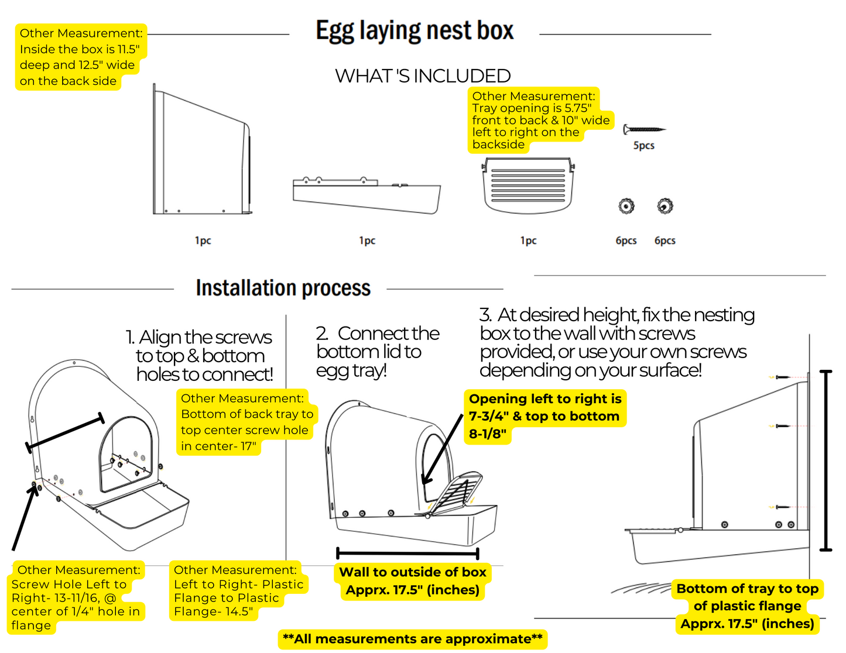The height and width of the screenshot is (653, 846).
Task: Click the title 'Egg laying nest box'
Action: coord(415,31)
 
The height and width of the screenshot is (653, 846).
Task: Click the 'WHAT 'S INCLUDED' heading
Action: coord(423,76)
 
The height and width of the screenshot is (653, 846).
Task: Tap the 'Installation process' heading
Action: coord(283,288)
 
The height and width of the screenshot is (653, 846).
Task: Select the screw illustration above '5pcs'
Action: coord(644,129)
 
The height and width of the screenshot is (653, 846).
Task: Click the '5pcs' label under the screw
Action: coord(643,146)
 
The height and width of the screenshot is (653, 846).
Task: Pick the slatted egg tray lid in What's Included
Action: coord(528,185)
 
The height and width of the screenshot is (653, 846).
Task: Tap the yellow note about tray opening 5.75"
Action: coord(540,120)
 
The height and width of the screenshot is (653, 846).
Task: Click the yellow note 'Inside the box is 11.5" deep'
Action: coord(80,57)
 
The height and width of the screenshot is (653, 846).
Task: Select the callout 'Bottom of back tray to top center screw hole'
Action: coord(246,422)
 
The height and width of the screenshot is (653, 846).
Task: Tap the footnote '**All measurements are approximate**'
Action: coord(413,639)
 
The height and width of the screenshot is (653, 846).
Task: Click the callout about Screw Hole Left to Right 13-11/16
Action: coord(76,597)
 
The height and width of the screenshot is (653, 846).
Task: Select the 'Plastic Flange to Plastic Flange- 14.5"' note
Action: coord(238,591)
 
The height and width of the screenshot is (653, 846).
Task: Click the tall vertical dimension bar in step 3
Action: coord(826,460)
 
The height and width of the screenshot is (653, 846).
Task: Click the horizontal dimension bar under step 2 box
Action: coord(408,553)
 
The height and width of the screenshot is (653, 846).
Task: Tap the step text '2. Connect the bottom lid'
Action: coord(377,351)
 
